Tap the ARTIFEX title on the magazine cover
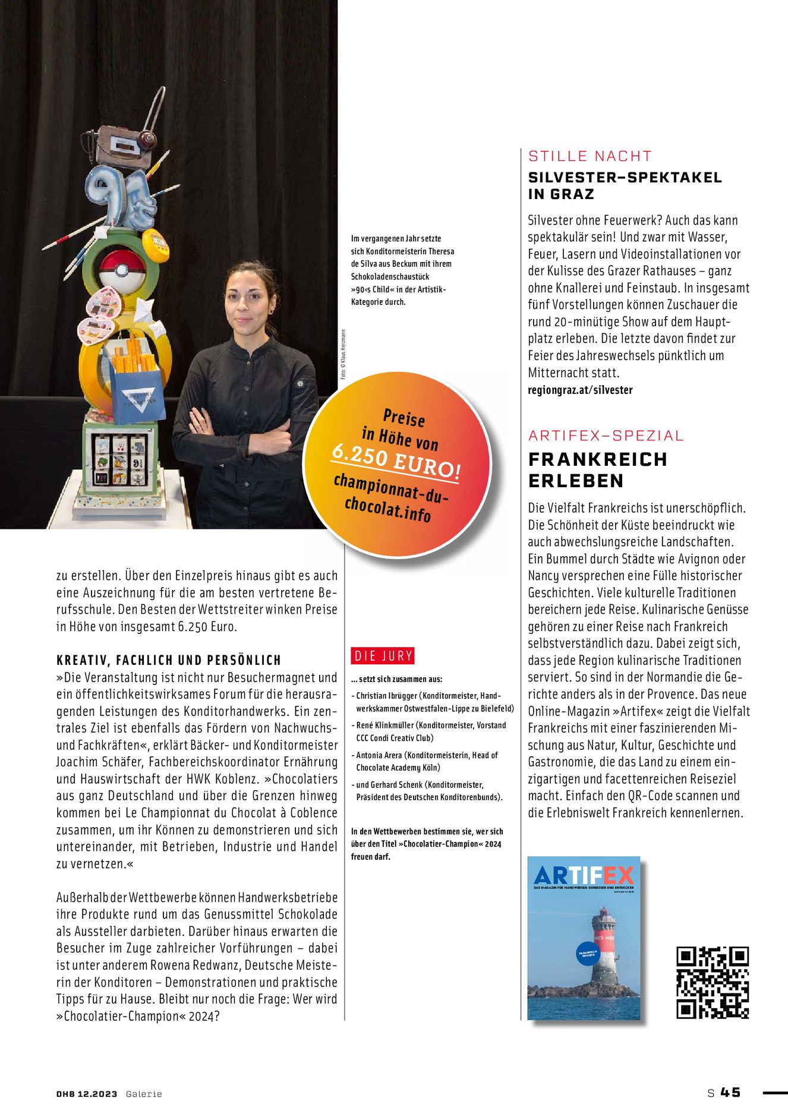pyautogui.click(x=584, y=875)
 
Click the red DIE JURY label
pyautogui.click(x=383, y=656)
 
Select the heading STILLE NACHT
pyautogui.click(x=590, y=156)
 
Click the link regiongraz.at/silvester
pyautogui.click(x=580, y=390)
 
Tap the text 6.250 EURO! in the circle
pyautogui.click(x=396, y=462)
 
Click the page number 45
pyautogui.click(x=730, y=1093)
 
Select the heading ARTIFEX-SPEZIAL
pyautogui.click(x=606, y=435)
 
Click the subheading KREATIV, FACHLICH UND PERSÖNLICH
pyautogui.click(x=169, y=660)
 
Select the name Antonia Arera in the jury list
pyautogui.click(x=379, y=755)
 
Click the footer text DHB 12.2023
pyautogui.click(x=87, y=1094)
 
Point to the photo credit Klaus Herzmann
pyautogui.click(x=343, y=355)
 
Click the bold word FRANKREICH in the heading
pyautogui.click(x=598, y=459)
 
